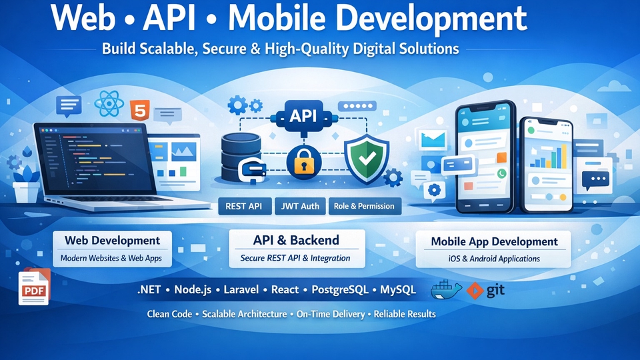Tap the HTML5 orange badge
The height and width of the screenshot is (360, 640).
(x=140, y=109)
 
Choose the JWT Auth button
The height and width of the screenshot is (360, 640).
(x=301, y=206)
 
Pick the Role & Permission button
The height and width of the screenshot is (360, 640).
(x=364, y=206)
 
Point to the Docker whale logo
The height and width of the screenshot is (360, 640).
(x=446, y=290)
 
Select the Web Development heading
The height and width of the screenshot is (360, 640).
(x=112, y=241)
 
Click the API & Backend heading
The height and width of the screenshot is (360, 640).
(x=296, y=240)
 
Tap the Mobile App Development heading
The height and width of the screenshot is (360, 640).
(x=494, y=241)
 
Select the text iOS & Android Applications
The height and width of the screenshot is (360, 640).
(x=494, y=258)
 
